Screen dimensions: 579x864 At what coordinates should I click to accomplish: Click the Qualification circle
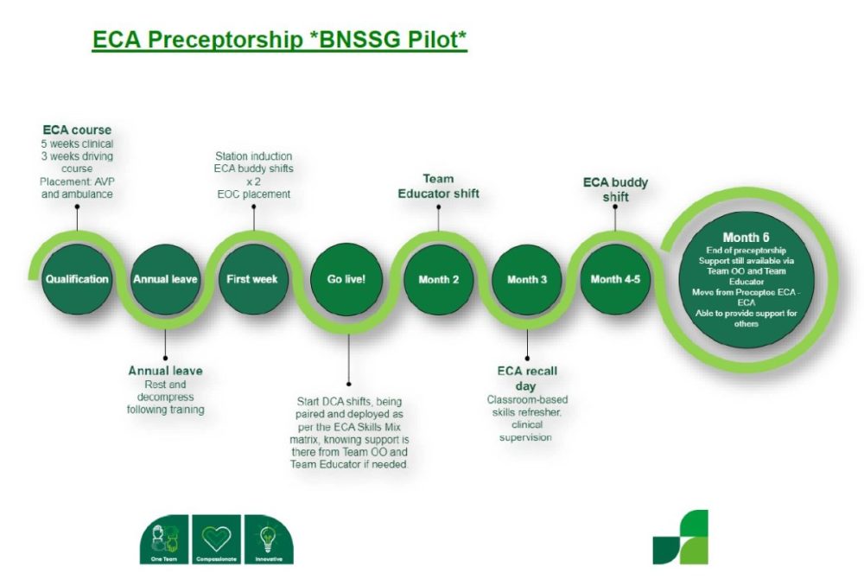coord(78,279)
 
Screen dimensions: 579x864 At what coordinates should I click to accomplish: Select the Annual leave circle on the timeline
coord(165,279)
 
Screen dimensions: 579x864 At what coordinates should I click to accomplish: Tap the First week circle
coord(252,279)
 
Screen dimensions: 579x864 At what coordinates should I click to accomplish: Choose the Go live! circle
coord(346,279)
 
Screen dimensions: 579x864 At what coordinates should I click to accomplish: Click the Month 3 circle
coord(527,279)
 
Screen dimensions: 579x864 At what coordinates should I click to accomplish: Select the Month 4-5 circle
coord(615,279)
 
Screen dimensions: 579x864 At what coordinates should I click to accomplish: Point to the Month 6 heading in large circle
coord(746,237)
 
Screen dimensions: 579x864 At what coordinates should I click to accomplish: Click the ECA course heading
coord(77,130)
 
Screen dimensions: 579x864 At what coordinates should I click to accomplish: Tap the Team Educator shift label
coord(438,187)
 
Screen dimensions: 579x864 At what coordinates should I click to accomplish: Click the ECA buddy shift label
coord(615,190)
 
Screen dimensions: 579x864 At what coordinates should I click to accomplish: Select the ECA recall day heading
coord(527,378)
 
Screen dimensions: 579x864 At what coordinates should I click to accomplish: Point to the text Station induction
coord(253,156)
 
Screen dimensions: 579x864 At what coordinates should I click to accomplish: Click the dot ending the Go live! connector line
coord(348,384)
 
